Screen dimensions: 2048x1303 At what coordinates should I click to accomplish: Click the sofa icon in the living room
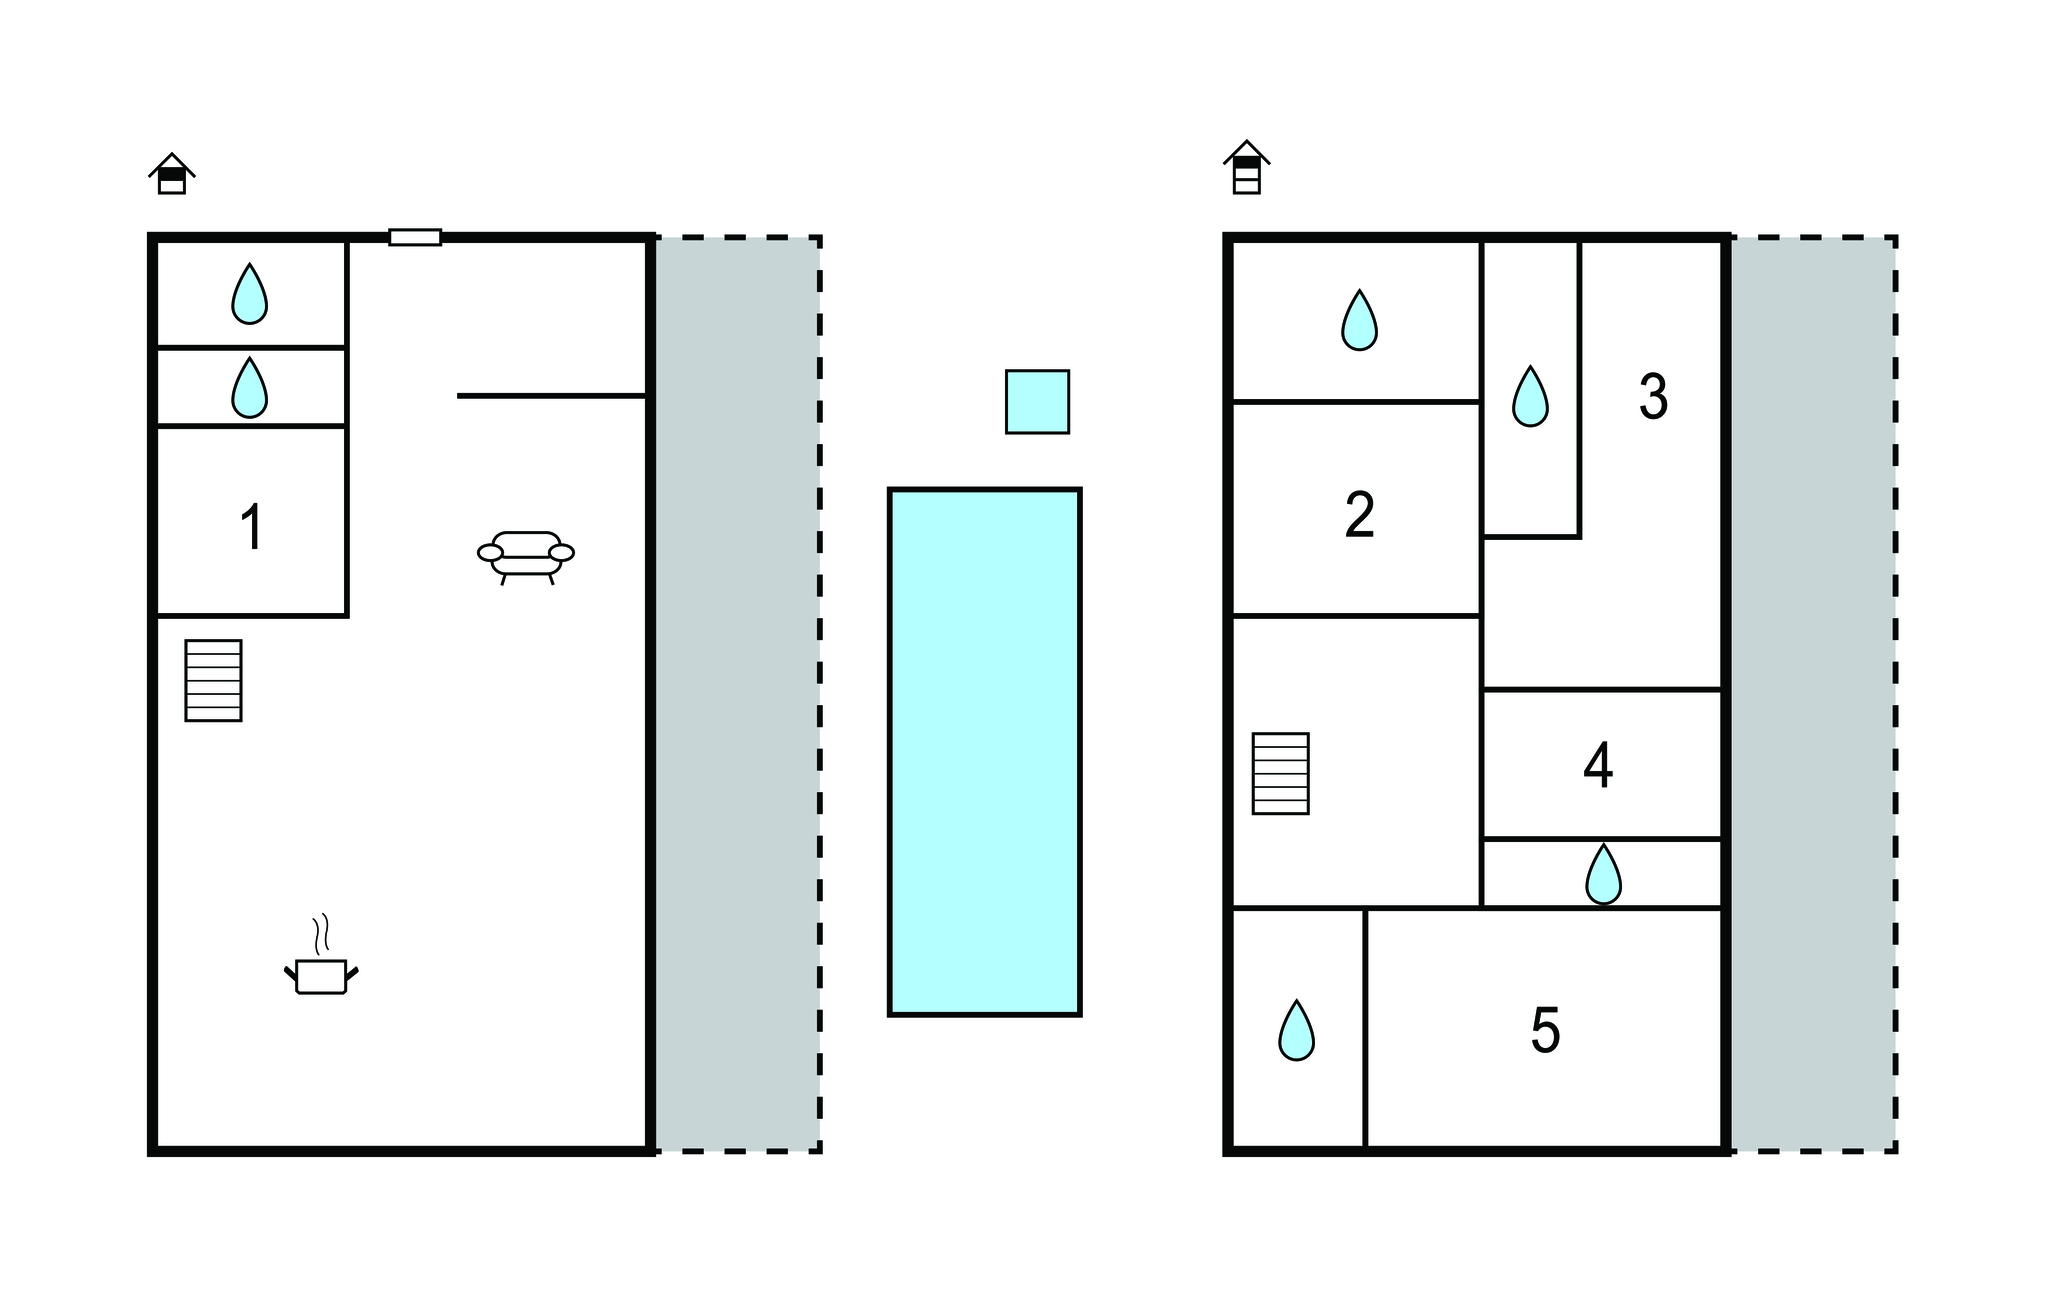click(526, 557)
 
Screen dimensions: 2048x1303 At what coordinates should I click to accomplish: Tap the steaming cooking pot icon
click(321, 957)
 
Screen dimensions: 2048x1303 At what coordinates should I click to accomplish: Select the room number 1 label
click(252, 527)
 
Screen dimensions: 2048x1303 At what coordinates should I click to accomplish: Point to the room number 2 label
click(1360, 515)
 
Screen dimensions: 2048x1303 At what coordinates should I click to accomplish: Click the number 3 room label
click(1653, 396)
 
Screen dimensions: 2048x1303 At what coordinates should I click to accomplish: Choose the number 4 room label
click(1598, 765)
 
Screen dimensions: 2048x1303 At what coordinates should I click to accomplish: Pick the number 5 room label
click(1545, 1030)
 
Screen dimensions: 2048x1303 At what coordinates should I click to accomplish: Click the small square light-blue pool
click(1037, 402)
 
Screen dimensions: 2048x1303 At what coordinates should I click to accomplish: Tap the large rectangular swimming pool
click(985, 752)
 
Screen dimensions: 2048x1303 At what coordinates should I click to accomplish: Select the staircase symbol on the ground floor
click(213, 680)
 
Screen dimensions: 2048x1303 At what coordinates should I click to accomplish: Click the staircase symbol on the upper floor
click(1281, 773)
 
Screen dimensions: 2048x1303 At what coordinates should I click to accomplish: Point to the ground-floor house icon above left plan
click(172, 174)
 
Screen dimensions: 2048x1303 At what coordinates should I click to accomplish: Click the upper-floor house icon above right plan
click(1247, 167)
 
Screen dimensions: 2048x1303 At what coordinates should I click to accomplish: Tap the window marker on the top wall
click(415, 237)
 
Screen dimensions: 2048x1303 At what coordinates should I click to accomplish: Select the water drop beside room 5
click(1297, 1030)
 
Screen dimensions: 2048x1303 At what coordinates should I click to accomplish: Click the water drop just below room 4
click(1604, 874)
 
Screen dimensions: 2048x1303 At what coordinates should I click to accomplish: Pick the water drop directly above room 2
click(1359, 320)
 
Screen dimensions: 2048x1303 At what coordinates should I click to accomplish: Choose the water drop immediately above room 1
click(250, 387)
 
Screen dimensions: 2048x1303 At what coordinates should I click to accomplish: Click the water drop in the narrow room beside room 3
click(1530, 396)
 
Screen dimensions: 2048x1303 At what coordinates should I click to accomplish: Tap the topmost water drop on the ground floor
click(250, 294)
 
